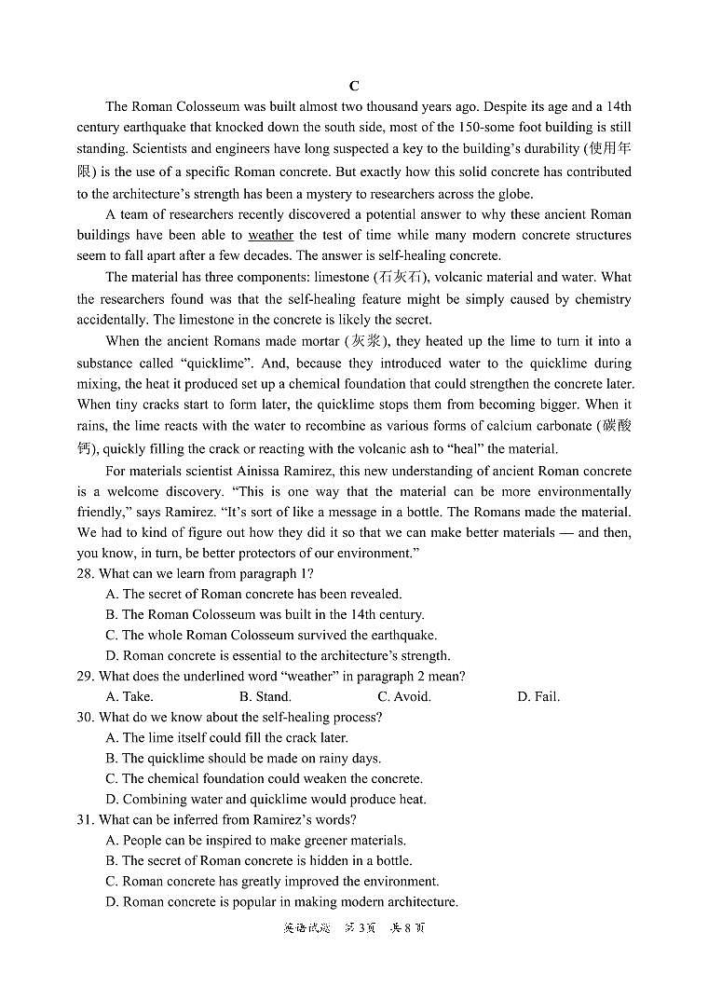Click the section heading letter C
click(x=354, y=86)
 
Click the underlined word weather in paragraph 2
click(x=270, y=236)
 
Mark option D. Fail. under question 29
click(x=538, y=696)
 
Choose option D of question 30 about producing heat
click(x=265, y=799)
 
